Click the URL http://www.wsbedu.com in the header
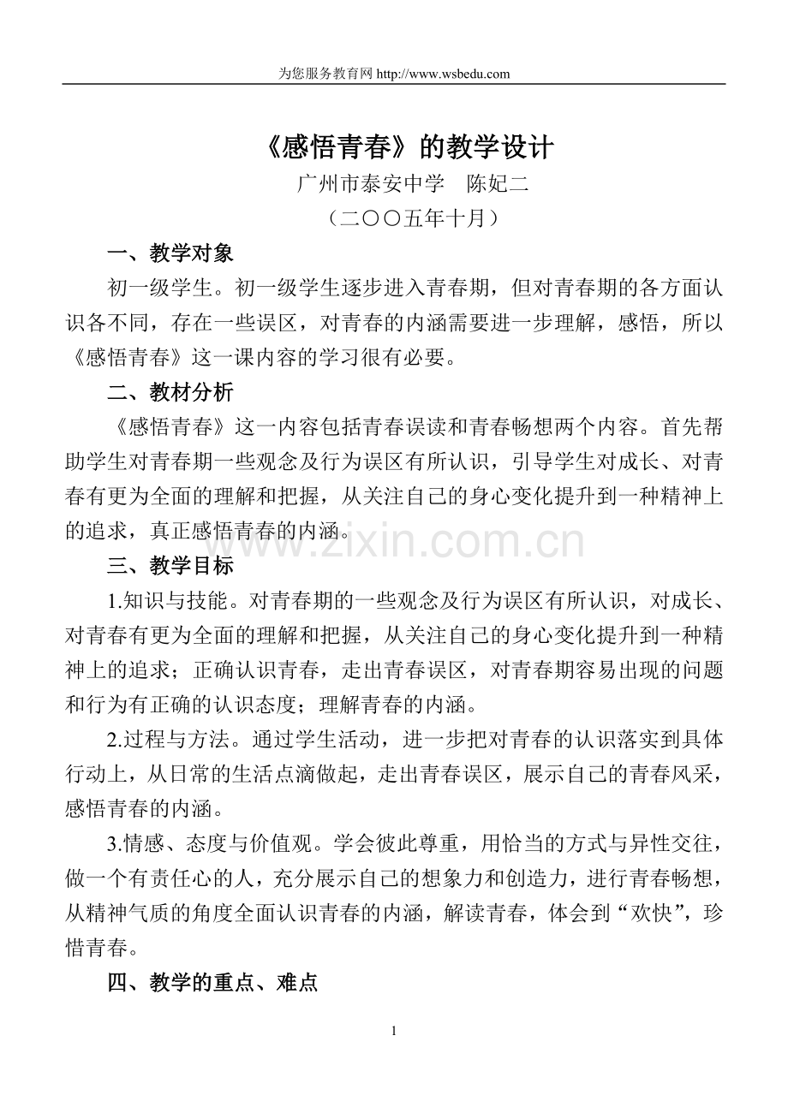tap(443, 74)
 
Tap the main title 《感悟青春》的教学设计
tap(393, 148)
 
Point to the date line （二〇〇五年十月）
tap(393, 218)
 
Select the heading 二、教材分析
tap(170, 393)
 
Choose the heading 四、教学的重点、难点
tap(212, 983)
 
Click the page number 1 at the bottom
tap(393, 1031)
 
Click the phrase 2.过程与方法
tap(160, 740)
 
